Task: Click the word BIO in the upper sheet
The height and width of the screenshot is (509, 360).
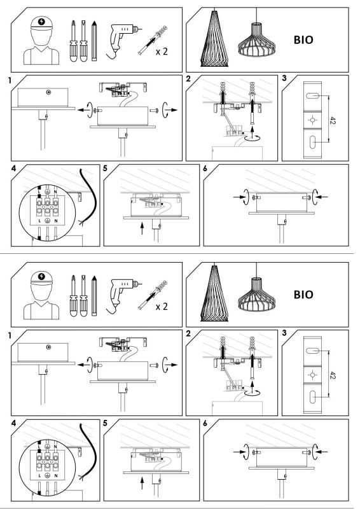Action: click(x=303, y=40)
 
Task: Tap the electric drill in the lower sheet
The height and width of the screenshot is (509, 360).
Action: click(x=123, y=296)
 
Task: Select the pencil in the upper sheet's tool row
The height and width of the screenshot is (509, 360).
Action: click(x=94, y=41)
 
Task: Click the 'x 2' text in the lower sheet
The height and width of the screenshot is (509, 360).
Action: click(x=162, y=307)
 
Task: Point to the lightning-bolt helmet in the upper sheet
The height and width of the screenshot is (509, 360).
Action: click(x=41, y=24)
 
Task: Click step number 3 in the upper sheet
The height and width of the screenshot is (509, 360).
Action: click(x=284, y=78)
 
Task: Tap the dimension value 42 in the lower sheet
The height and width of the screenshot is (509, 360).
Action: click(x=333, y=375)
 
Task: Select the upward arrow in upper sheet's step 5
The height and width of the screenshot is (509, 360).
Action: click(x=142, y=228)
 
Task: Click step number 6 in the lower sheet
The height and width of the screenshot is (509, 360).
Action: click(x=205, y=423)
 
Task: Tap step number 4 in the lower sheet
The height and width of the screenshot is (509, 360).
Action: click(x=13, y=423)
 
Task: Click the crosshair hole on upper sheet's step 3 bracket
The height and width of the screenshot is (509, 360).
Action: click(x=312, y=120)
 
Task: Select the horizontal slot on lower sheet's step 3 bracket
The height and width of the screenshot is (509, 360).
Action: click(x=312, y=351)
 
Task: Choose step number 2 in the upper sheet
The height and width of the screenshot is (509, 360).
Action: click(x=188, y=78)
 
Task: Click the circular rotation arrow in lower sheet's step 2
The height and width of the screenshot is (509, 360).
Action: click(x=253, y=393)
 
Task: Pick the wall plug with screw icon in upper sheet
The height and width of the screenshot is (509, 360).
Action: click(x=153, y=41)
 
